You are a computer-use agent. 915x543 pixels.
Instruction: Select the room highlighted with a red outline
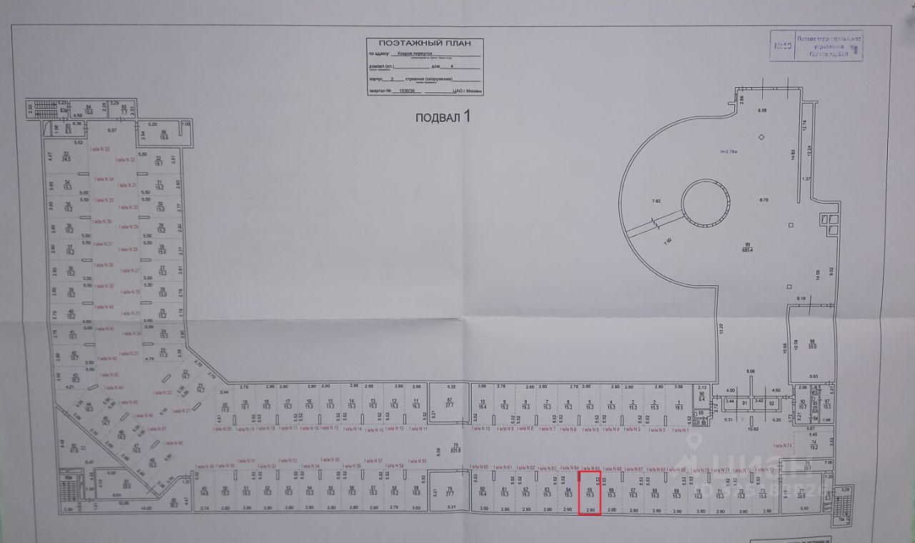click(x=589, y=492)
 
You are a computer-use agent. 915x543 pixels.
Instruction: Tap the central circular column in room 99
click(x=706, y=203)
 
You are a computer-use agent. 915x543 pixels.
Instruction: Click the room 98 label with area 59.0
click(x=812, y=344)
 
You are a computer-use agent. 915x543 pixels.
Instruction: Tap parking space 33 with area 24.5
click(x=66, y=156)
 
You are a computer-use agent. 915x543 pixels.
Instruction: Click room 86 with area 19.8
click(x=164, y=135)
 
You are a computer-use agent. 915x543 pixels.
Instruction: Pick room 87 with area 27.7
click(x=450, y=402)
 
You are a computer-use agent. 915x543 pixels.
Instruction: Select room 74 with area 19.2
click(x=813, y=444)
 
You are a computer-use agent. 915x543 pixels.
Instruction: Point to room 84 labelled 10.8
click(x=89, y=109)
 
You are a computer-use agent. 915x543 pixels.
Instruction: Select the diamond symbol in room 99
click(x=762, y=137)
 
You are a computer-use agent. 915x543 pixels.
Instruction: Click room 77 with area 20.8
click(x=801, y=492)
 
